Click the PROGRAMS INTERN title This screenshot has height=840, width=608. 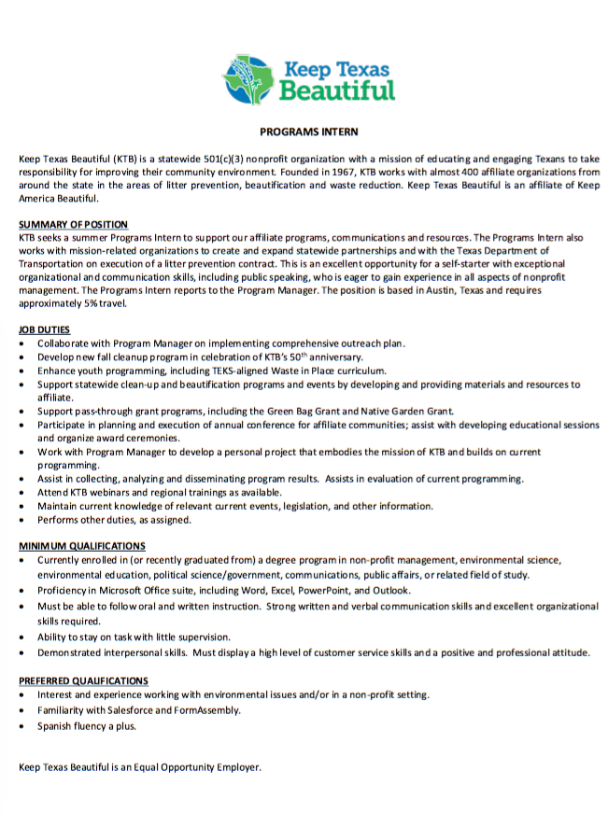[x=309, y=133]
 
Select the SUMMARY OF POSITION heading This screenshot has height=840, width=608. [x=74, y=225]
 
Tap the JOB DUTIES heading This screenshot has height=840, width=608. [x=44, y=329]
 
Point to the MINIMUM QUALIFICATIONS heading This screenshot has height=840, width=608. [x=82, y=545]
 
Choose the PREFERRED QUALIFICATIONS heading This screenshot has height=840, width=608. [x=84, y=680]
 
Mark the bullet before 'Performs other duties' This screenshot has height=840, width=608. [x=22, y=520]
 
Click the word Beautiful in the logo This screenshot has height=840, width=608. [x=338, y=91]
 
